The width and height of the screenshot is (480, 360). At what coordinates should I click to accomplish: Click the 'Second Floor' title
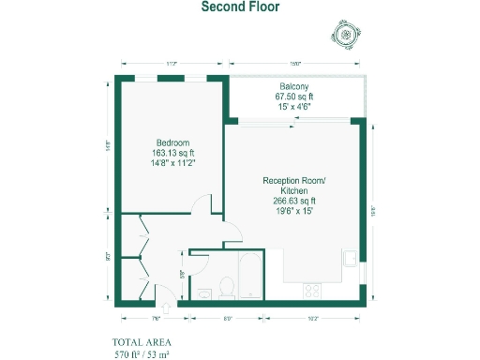[240, 7]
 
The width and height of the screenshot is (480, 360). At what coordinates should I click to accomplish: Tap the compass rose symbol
[347, 36]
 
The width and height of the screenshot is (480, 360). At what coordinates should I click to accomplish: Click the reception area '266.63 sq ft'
[294, 201]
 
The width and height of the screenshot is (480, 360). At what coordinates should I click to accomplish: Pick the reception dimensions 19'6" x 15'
[294, 211]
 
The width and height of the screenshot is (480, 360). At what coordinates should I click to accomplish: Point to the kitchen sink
[350, 259]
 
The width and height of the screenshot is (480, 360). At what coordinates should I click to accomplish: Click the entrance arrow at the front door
[166, 306]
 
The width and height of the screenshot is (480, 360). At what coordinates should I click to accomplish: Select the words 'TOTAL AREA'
[142, 342]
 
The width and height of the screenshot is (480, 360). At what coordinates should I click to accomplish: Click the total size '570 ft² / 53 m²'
[142, 354]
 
